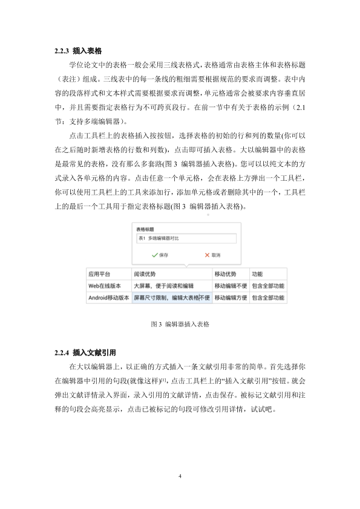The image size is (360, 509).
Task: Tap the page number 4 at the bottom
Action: pyautogui.click(x=180, y=476)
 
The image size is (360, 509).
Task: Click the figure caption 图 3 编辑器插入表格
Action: pyautogui.click(x=180, y=324)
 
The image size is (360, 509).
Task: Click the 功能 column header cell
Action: pyautogui.click(x=257, y=273)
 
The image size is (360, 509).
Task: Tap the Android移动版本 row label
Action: pyautogui.click(x=108, y=297)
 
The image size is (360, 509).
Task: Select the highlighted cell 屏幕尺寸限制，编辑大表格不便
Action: pyautogui.click(x=171, y=297)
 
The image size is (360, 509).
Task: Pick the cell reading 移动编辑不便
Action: pyautogui.click(x=230, y=285)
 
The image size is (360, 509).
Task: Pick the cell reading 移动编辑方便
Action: pyautogui.click(x=230, y=297)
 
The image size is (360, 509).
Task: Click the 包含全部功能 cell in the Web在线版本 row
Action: pyautogui.click(x=268, y=285)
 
